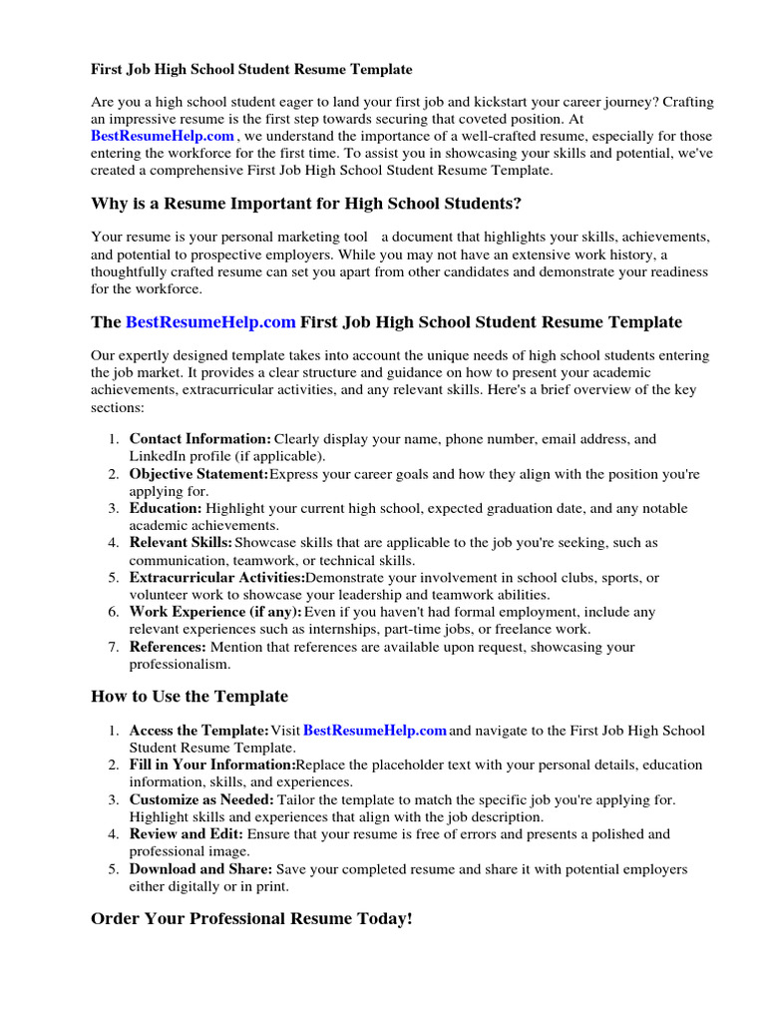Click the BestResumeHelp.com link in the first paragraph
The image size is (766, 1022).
click(x=163, y=136)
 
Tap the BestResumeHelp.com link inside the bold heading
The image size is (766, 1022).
click(x=210, y=322)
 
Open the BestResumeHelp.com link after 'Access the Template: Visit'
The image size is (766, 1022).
click(x=374, y=731)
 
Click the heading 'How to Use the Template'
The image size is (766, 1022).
click(x=190, y=697)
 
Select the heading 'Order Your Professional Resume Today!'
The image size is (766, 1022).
click(x=251, y=918)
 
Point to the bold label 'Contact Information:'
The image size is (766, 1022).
click(x=200, y=439)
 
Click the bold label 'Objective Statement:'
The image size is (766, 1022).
click(x=198, y=474)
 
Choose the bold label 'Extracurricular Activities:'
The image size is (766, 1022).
click(x=216, y=578)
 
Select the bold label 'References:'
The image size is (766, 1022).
click(x=168, y=647)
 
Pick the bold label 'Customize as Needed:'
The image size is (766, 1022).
click(x=201, y=799)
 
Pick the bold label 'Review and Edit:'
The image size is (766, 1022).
click(x=187, y=834)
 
